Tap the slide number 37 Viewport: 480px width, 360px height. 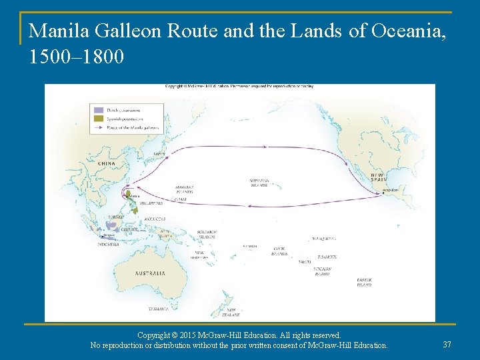click(447, 344)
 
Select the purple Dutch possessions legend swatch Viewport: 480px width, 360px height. click(99, 110)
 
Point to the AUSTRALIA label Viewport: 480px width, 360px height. click(150, 273)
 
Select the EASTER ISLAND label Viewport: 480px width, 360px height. click(364, 282)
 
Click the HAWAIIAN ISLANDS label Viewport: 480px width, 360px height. click(259, 182)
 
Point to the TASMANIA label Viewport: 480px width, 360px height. click(159, 309)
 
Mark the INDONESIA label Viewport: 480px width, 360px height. click(108, 244)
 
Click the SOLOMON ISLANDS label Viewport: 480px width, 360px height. click(206, 234)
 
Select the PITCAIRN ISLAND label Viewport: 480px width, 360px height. click(322, 271)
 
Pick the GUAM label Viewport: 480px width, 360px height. click(180, 199)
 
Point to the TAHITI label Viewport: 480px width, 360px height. click(304, 262)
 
